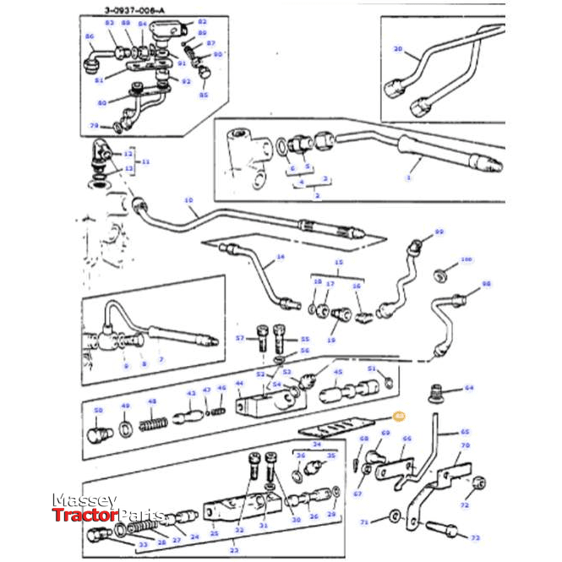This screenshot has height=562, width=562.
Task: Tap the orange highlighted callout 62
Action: (400, 416)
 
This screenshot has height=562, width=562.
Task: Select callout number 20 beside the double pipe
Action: (398, 50)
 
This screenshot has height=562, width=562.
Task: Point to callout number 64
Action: (469, 389)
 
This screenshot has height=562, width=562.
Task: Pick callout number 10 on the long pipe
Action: (188, 200)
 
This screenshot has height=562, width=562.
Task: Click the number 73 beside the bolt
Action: (474, 537)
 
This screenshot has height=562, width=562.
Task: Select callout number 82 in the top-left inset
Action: (201, 22)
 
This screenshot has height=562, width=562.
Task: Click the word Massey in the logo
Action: (85, 501)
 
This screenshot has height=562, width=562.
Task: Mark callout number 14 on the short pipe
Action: (281, 256)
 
